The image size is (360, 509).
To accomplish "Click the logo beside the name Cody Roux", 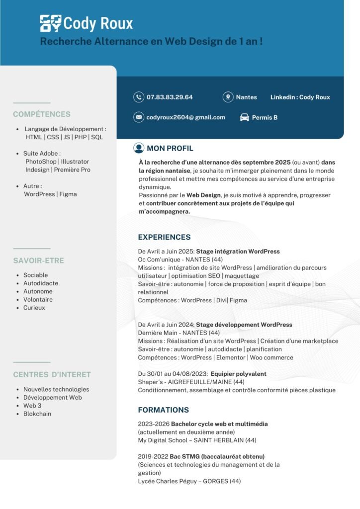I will (51, 23).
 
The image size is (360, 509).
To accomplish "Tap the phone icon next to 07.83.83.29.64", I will (138, 97).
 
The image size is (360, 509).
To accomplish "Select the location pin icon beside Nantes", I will (228, 97).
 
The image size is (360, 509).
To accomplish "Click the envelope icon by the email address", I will (138, 117).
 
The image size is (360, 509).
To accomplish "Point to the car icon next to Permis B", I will (244, 117).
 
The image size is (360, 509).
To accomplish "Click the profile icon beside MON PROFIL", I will (139, 148).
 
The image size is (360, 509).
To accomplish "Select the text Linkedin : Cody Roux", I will (300, 97).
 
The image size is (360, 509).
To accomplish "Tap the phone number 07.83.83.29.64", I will (170, 97).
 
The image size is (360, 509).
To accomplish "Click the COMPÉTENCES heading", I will (42, 114).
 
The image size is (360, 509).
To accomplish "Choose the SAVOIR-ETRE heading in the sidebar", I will (38, 260).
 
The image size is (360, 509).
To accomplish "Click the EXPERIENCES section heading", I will (164, 237).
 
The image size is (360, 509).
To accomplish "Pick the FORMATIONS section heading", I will (163, 410).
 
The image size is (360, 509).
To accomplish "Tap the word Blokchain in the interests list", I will (37, 414).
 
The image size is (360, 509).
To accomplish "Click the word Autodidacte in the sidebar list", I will (41, 283).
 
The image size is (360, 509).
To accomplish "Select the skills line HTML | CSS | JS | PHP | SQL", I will (64, 137).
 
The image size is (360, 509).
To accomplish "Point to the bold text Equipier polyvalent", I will (238, 374).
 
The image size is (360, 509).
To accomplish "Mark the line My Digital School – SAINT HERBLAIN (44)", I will (197, 440).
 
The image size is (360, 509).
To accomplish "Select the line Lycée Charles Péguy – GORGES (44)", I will (189, 481).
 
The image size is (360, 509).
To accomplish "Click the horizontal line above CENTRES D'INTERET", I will (32, 362).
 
